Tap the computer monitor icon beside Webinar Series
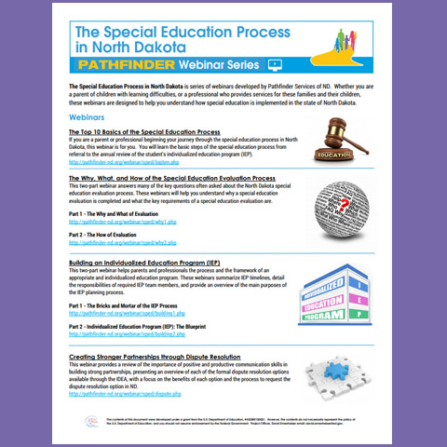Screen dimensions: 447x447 pos(275,67)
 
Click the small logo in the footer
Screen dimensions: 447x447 pos(79,424)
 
